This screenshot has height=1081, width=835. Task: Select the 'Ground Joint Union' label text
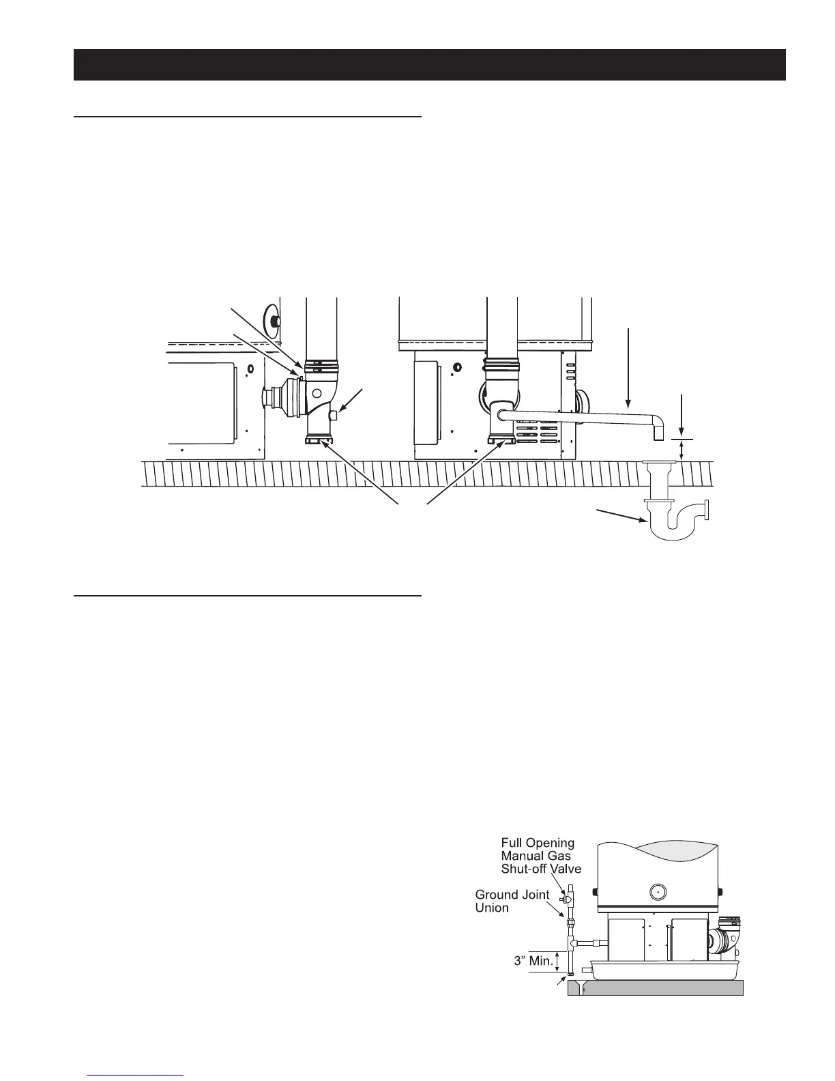pos(512,901)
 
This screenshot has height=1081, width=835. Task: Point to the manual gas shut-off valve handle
pos(565,899)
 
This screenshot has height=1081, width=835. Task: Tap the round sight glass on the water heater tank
pos(658,891)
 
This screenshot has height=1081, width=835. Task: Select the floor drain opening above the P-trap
pos(658,463)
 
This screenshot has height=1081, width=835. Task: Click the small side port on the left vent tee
pos(334,415)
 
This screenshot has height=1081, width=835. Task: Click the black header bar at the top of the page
pos(430,65)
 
